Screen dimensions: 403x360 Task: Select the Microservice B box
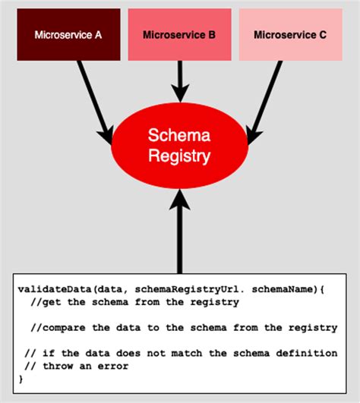click(179, 35)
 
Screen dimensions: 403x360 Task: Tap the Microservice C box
click(290, 35)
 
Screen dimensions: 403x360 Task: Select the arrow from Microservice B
click(179, 80)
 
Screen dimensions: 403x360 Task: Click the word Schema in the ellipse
click(179, 135)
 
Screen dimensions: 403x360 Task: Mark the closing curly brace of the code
click(21, 378)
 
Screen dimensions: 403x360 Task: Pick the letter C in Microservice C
click(322, 35)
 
